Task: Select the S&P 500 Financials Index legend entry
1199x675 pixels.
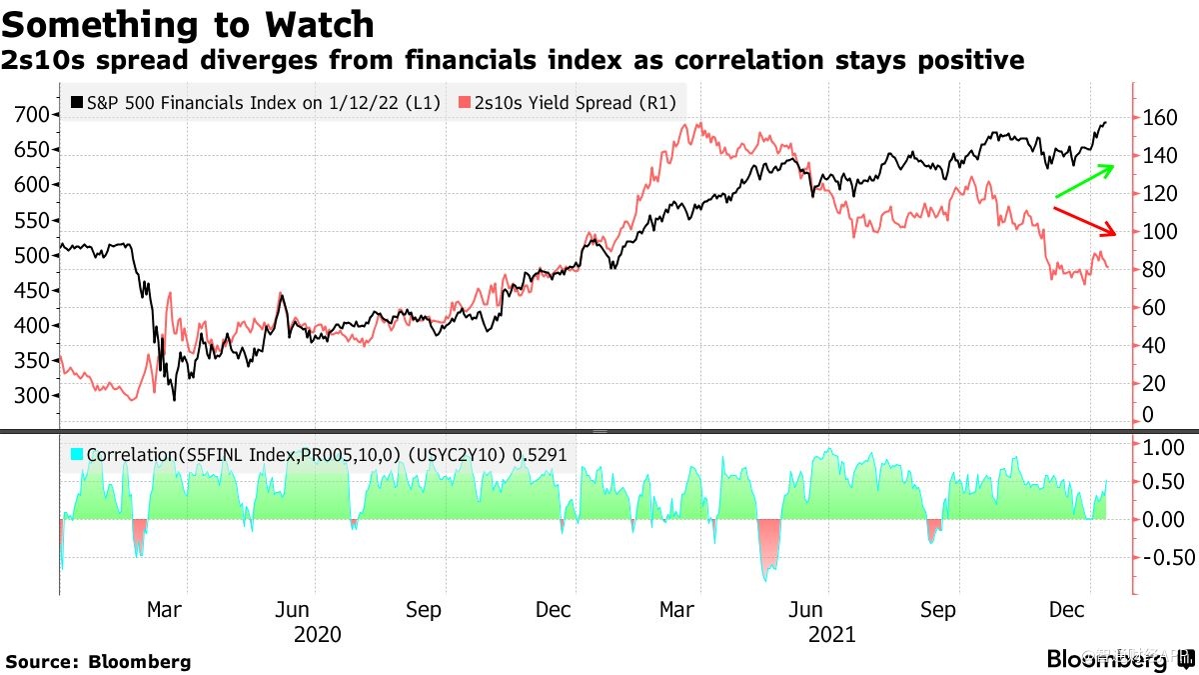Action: click(x=256, y=103)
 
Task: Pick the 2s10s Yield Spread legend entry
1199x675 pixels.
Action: click(x=566, y=103)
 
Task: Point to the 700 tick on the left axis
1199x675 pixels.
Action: click(x=35, y=114)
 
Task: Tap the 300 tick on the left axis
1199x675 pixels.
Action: click(x=35, y=395)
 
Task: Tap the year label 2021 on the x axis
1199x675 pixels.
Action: click(x=831, y=634)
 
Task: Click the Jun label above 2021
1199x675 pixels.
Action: click(x=806, y=610)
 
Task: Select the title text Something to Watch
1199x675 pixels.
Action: click(x=190, y=24)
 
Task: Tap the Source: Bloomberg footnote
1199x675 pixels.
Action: click(x=98, y=661)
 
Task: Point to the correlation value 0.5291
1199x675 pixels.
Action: click(x=540, y=454)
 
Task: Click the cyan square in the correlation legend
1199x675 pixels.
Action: click(x=78, y=454)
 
